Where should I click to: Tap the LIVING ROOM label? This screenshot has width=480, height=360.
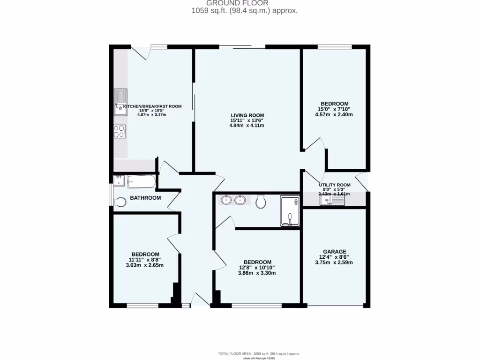click(247, 115)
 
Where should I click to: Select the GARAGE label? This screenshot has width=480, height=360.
click(335, 251)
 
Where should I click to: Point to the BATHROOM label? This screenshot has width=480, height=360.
click(145, 198)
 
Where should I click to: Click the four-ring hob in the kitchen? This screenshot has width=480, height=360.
click(120, 131)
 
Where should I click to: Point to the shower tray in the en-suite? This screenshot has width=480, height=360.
click(289, 211)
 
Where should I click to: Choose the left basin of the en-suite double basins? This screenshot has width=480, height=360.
click(226, 201)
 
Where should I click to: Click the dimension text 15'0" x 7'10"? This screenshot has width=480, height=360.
click(335, 109)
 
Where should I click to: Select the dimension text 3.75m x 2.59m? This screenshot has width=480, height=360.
click(335, 262)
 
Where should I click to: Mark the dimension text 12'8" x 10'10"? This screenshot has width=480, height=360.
click(257, 267)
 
